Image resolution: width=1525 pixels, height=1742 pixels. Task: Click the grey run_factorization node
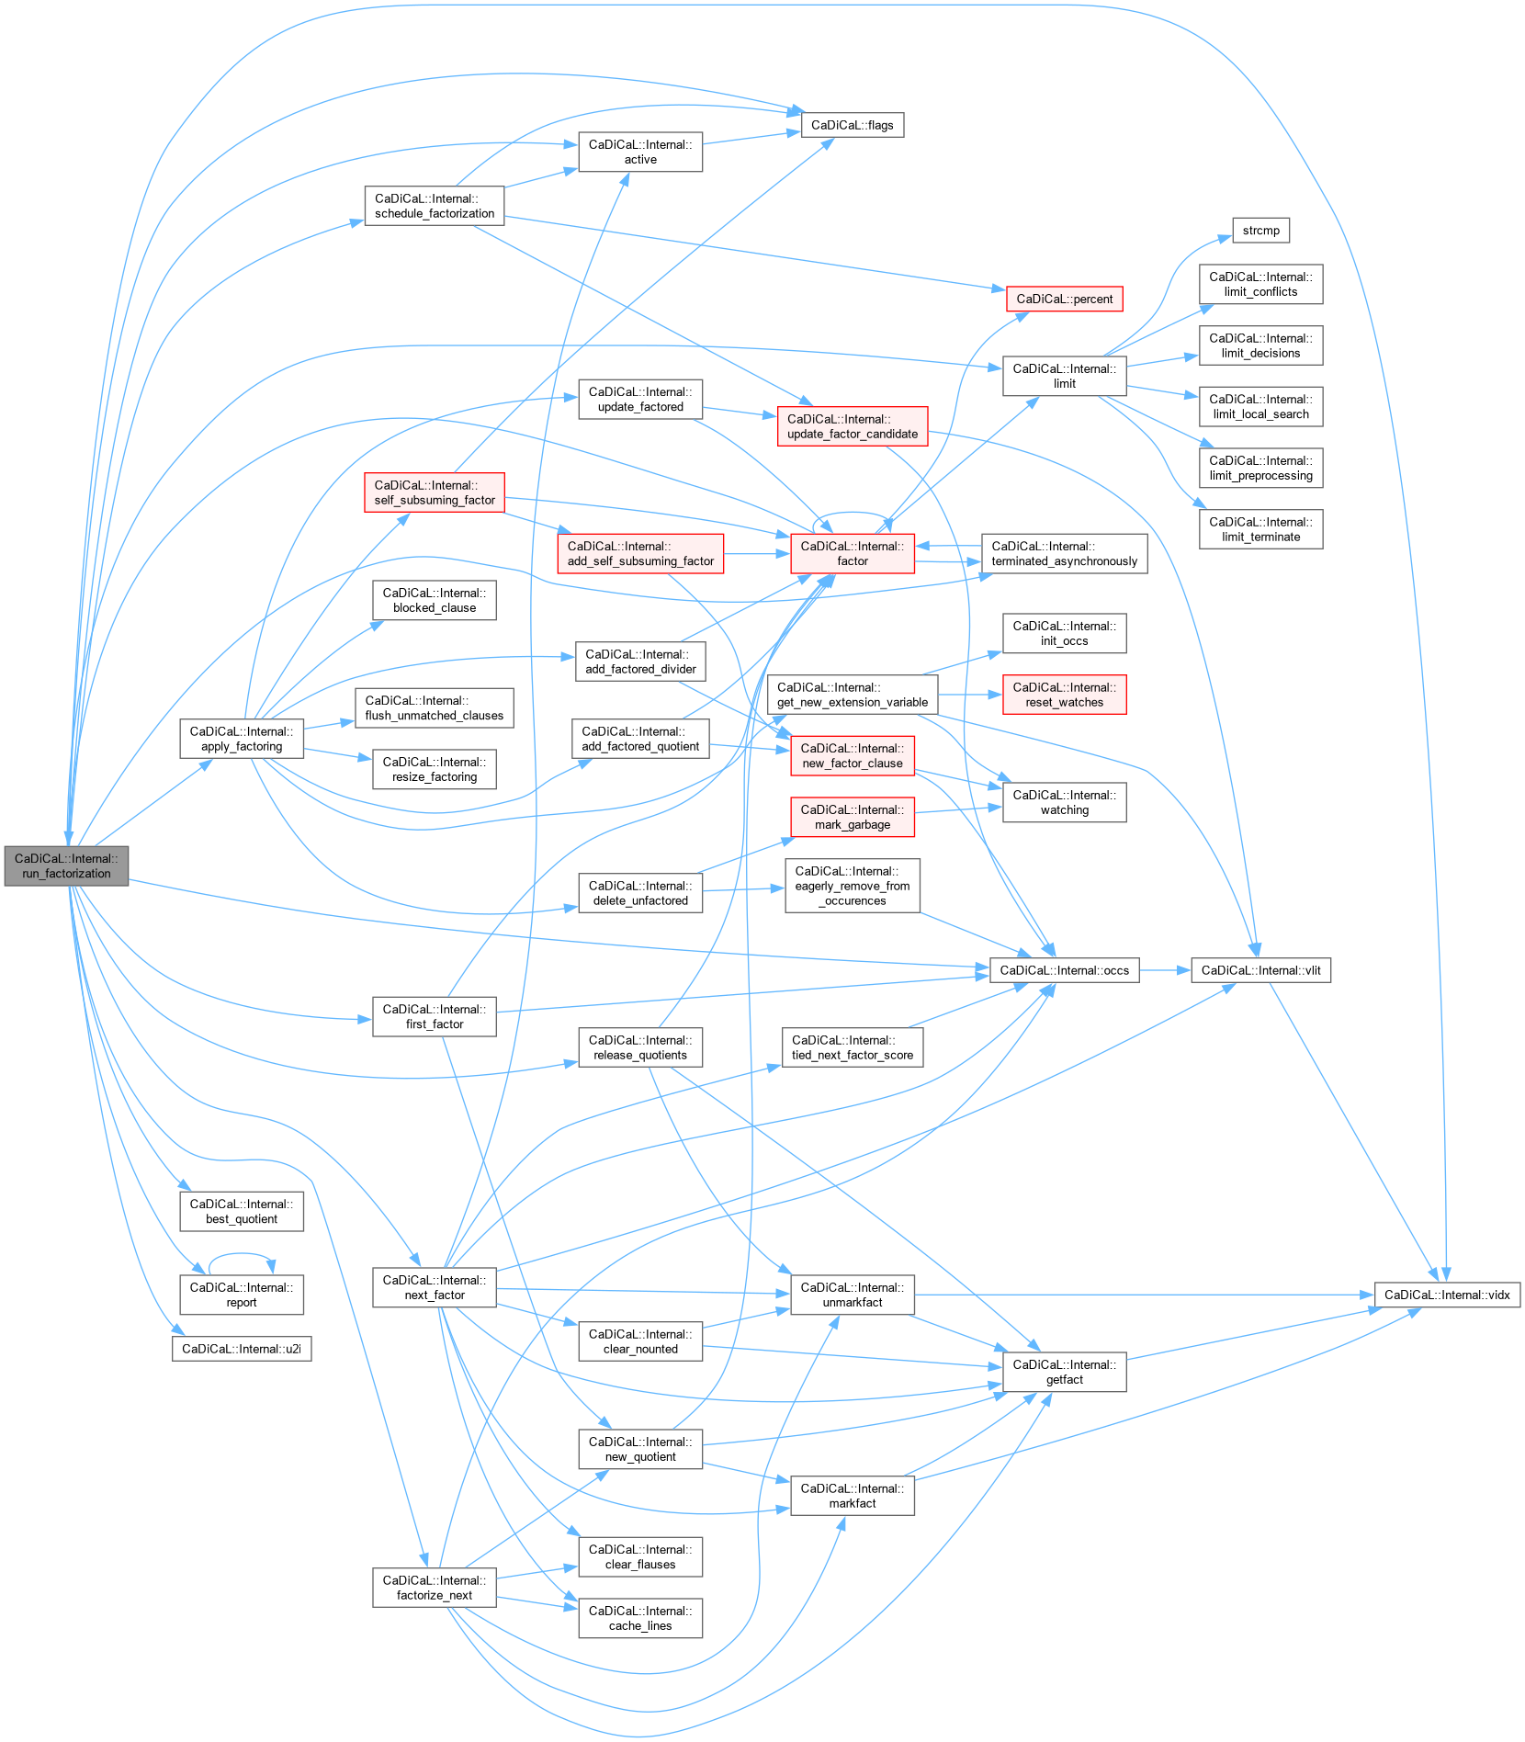[66, 865]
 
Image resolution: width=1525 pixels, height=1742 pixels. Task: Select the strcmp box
[1260, 231]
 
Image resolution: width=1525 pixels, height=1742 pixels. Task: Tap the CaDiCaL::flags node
[852, 125]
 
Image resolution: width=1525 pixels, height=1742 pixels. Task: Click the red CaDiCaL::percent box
[1064, 299]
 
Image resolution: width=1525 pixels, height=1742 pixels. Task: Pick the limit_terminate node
[1260, 529]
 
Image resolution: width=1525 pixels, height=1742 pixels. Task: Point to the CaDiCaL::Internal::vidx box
[1447, 1295]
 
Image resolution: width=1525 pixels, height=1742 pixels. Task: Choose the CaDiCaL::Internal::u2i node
[242, 1349]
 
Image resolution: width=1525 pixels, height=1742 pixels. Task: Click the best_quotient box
[242, 1211]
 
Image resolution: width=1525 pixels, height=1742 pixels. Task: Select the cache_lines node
[640, 1618]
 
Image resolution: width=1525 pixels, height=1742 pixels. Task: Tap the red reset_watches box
[1064, 695]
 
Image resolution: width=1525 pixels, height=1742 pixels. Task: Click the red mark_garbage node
[852, 817]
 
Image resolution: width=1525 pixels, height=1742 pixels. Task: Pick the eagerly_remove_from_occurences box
[852, 886]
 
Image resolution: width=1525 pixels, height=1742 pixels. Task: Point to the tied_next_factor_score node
[852, 1047]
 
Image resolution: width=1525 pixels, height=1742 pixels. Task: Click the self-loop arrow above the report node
[242, 1253]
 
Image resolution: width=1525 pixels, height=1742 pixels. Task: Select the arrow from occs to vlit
[1165, 970]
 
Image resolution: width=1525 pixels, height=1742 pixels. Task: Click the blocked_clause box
[434, 600]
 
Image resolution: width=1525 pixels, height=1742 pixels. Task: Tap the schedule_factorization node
[434, 206]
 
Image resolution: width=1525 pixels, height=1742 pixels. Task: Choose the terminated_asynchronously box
[1064, 553]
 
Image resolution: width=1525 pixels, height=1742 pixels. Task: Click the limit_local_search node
[1260, 406]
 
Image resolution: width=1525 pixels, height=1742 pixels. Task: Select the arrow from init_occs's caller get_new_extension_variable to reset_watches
[970, 695]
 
